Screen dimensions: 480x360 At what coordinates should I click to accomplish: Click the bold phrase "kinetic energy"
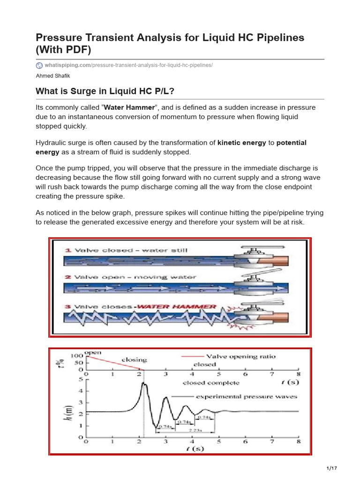click(241, 143)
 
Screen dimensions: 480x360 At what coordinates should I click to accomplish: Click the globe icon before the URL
click(39, 65)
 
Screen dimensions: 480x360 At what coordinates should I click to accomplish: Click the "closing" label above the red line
click(134, 360)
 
